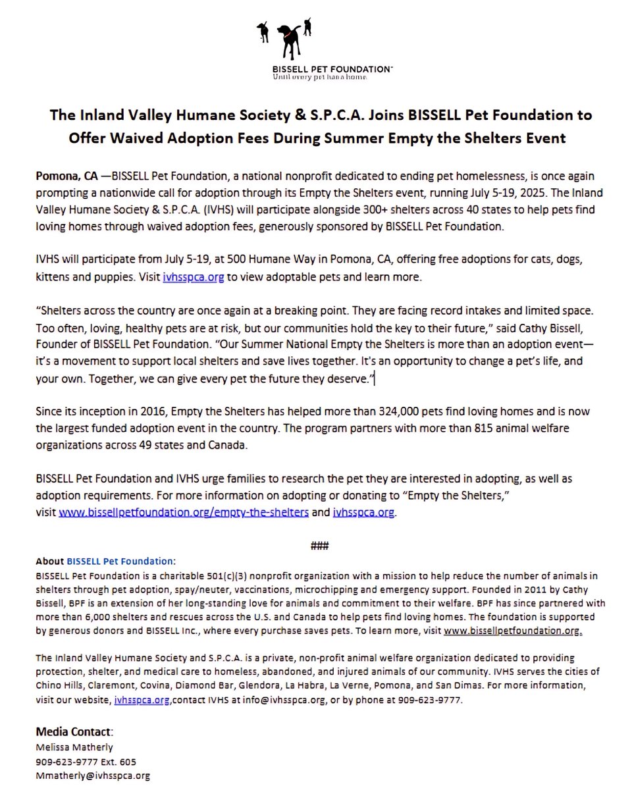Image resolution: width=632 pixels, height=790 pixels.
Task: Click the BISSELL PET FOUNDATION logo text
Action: [316, 68]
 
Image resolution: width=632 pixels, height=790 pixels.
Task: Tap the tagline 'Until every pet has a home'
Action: [311, 77]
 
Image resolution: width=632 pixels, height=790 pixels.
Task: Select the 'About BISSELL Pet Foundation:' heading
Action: [106, 562]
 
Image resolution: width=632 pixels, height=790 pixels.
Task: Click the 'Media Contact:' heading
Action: [74, 732]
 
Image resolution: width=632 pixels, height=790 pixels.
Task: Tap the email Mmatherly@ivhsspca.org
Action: [93, 776]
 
